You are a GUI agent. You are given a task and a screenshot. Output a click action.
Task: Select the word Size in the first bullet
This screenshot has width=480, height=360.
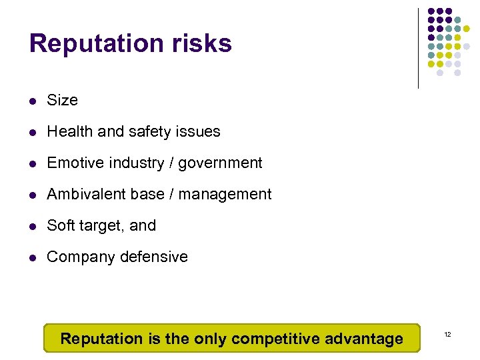pyautogui.click(x=63, y=100)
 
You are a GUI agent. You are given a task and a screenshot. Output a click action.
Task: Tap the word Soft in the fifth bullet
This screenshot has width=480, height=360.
pyautogui.click(x=59, y=225)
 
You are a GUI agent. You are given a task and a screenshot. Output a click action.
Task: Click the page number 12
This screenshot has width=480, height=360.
pyautogui.click(x=447, y=333)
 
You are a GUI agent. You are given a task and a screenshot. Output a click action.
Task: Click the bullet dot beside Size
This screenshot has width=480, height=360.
pyautogui.click(x=33, y=101)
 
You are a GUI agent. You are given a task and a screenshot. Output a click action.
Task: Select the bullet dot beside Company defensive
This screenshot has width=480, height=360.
pyautogui.click(x=33, y=258)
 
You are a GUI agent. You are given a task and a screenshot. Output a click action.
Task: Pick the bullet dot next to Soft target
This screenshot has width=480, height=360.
pyautogui.click(x=33, y=227)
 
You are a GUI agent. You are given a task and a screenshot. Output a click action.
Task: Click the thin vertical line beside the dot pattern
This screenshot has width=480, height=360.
pyautogui.click(x=418, y=48)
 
